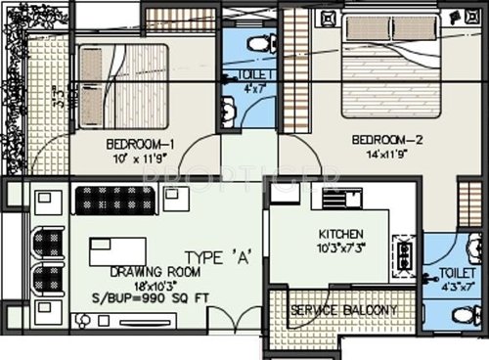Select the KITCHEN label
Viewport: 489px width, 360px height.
(x=341, y=235)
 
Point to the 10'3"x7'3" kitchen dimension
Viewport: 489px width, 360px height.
(x=341, y=248)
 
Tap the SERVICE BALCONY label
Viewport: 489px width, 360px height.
(x=342, y=311)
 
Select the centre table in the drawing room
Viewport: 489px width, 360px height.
(x=116, y=250)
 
